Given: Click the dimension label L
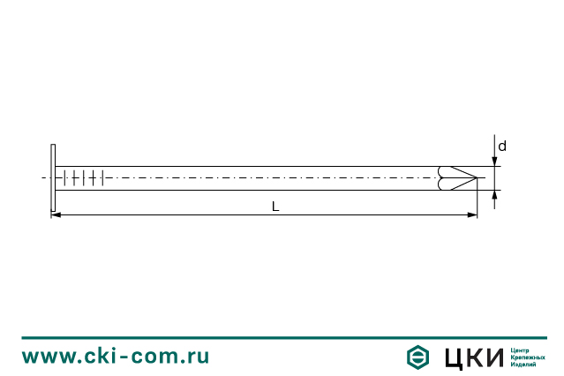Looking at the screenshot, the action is pos(275,207).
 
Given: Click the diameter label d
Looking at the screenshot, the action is pos(502,147).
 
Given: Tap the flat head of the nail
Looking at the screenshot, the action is pos(53,177).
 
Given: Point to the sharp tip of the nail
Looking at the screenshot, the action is pos(477,177).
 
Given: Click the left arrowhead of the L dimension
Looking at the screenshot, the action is pos(56,214).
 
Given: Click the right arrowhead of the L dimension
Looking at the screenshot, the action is pos(472,214).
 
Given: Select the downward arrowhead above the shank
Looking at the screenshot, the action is pos(494,162).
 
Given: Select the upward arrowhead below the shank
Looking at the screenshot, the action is pos(494,195).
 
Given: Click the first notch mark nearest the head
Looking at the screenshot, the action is pos(64,177).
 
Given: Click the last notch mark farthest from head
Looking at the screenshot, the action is pos(103,177).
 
